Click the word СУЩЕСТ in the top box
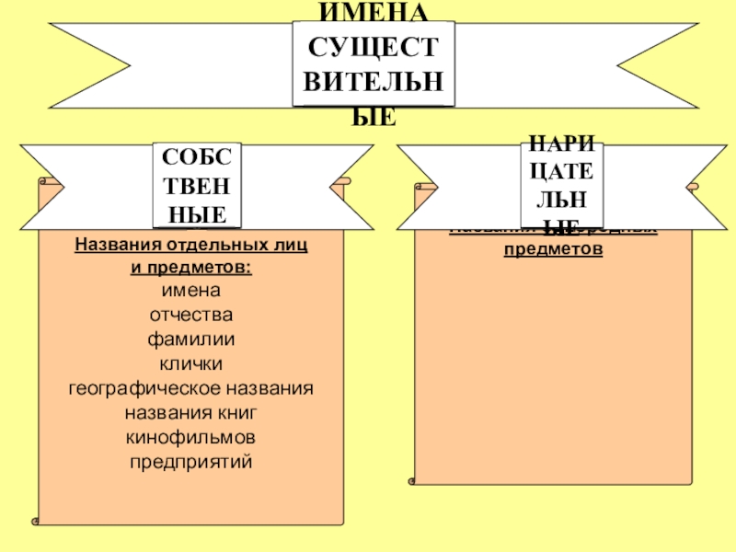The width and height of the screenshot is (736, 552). (374, 46)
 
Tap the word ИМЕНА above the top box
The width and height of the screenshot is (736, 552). (374, 12)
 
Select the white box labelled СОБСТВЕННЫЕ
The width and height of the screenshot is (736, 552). (196, 186)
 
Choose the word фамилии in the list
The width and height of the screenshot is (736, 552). (191, 339)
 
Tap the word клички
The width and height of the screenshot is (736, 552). (191, 362)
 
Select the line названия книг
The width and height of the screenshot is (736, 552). (191, 410)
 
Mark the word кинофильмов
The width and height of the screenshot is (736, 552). (191, 434)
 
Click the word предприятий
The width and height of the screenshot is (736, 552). (191, 458)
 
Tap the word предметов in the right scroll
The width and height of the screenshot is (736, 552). (553, 249)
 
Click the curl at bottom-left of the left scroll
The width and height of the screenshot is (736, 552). (36, 521)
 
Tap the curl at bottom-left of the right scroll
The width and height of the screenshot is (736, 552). (409, 479)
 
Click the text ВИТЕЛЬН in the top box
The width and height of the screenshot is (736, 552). (374, 81)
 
